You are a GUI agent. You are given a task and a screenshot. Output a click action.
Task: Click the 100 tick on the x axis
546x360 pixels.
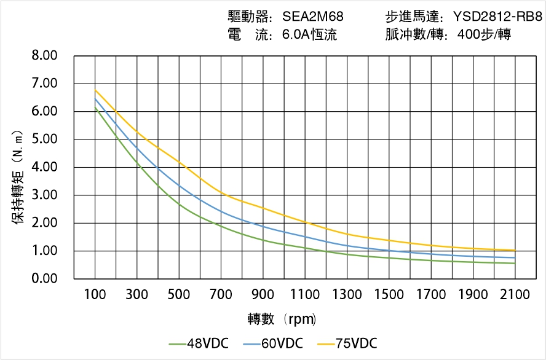pyautogui.click(x=95, y=295)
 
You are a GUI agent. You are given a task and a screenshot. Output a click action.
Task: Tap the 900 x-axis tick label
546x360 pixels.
pyautogui.click(x=263, y=295)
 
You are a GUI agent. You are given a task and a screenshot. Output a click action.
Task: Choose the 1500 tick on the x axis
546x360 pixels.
pyautogui.click(x=389, y=295)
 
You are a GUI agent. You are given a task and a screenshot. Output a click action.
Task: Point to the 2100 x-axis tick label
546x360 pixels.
pyautogui.click(x=515, y=295)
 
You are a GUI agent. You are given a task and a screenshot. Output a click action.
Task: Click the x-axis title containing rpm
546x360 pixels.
pyautogui.click(x=282, y=319)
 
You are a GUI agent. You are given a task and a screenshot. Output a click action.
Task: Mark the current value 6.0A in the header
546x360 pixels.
pyautogui.click(x=296, y=34)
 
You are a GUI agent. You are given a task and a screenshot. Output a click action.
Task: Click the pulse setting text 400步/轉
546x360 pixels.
pyautogui.click(x=485, y=34)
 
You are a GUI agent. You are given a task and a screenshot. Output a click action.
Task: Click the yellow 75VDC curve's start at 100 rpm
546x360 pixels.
pyautogui.click(x=95, y=90)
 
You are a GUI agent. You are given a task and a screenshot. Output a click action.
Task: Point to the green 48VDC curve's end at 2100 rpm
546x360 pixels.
pyautogui.click(x=515, y=264)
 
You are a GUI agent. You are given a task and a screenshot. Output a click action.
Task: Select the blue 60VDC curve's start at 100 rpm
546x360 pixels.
pyautogui.click(x=95, y=99)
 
